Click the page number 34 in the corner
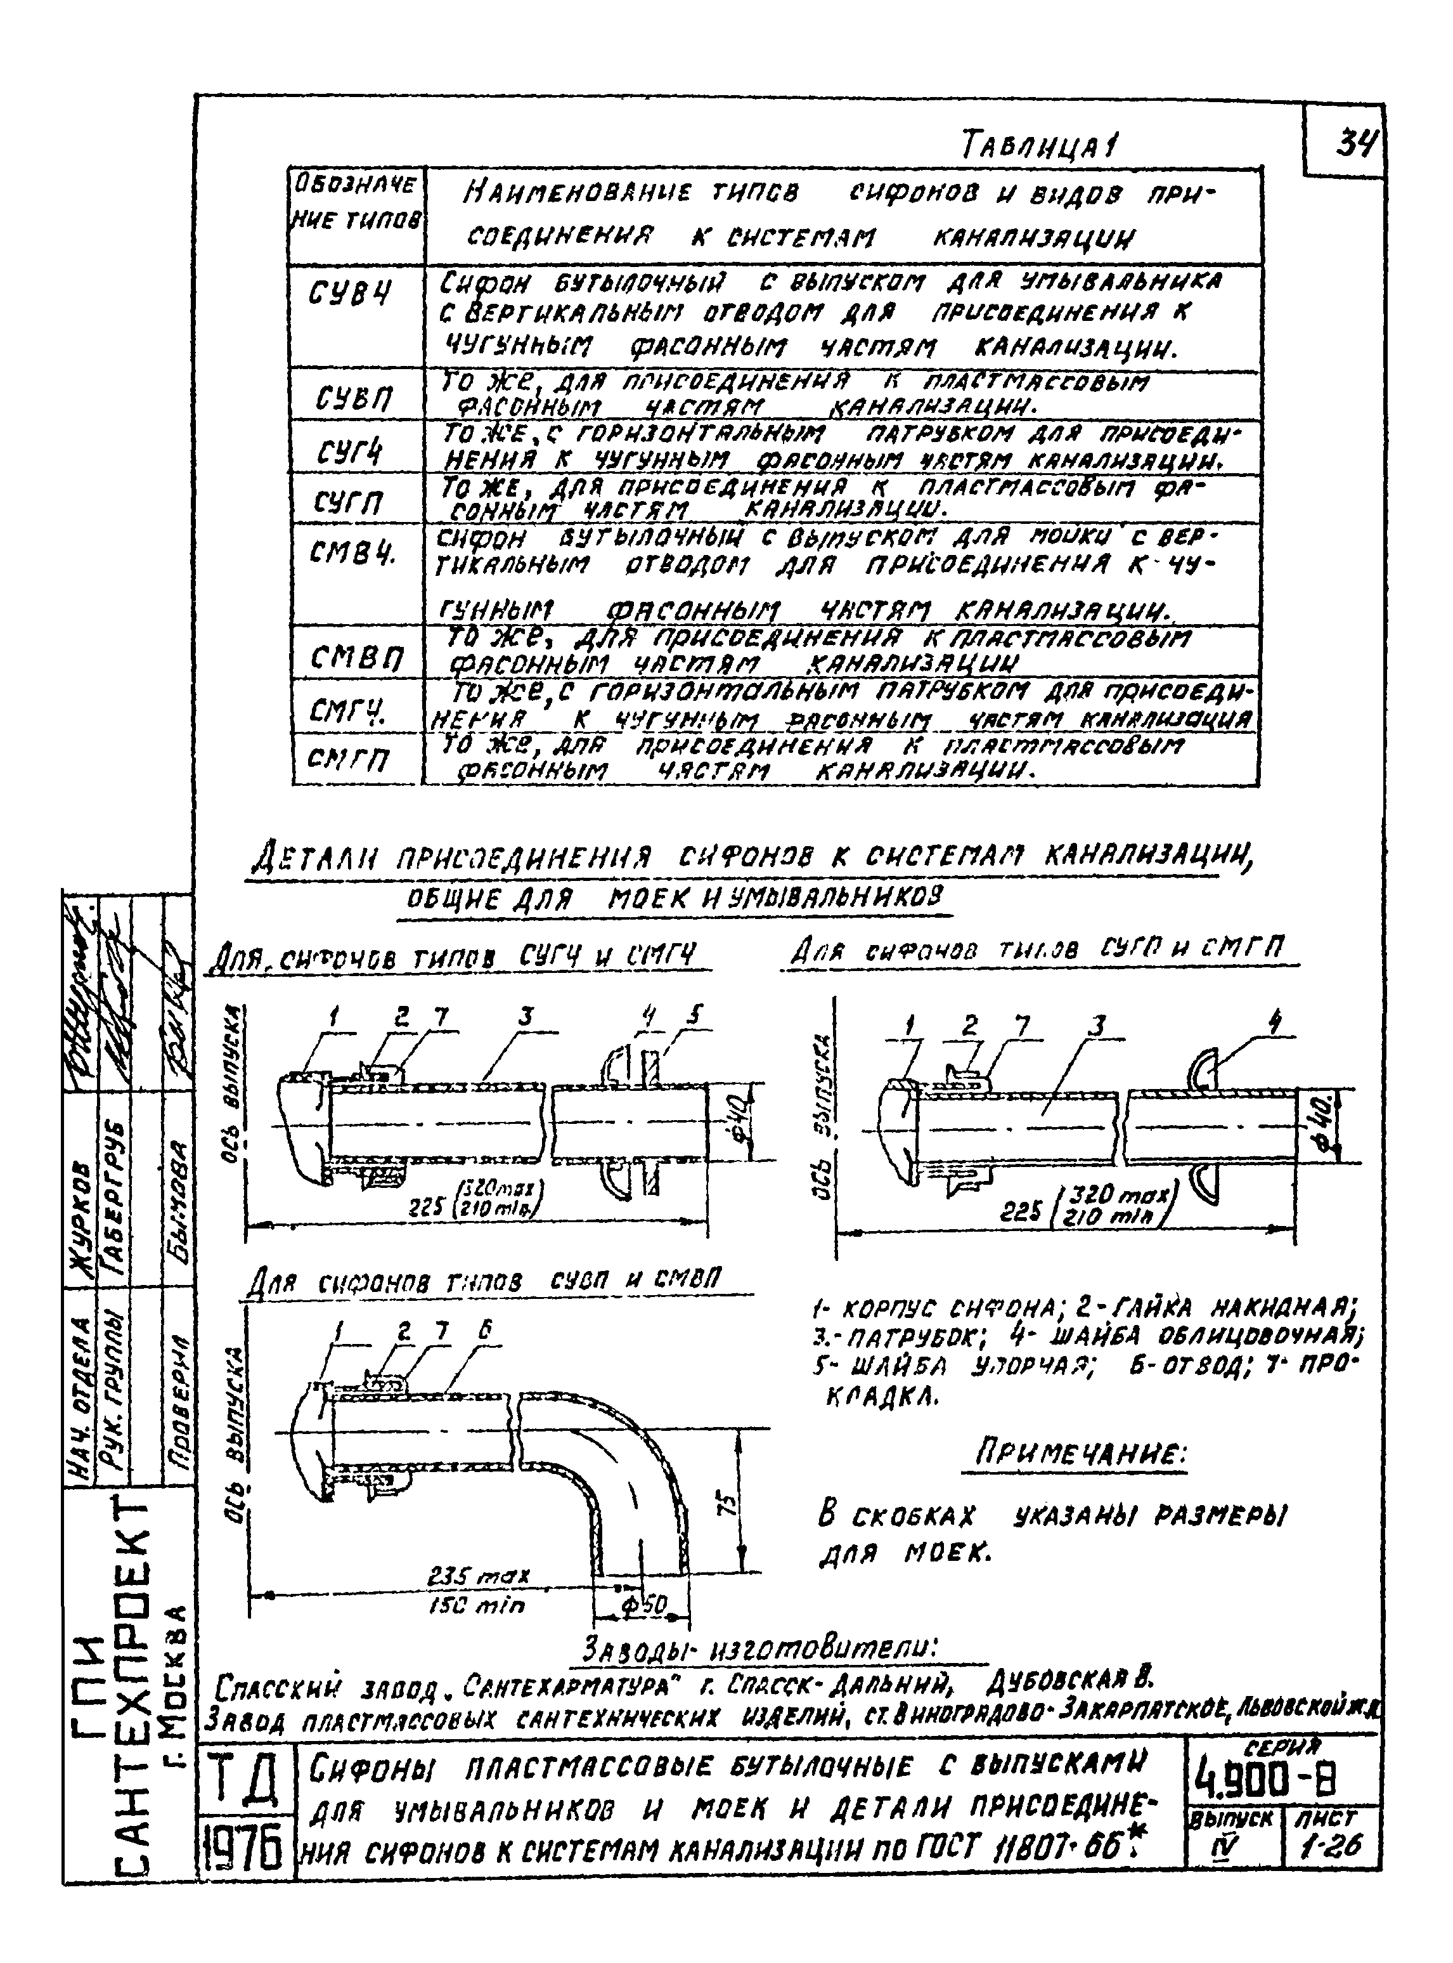1355,143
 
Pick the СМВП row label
356,656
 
